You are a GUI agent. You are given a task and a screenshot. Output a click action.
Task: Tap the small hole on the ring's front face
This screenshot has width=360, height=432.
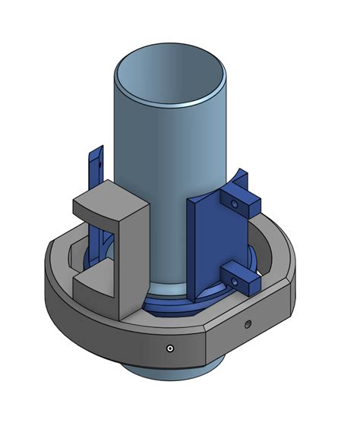click(169, 348)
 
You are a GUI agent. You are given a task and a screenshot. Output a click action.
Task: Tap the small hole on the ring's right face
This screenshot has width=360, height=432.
click(247, 325)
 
